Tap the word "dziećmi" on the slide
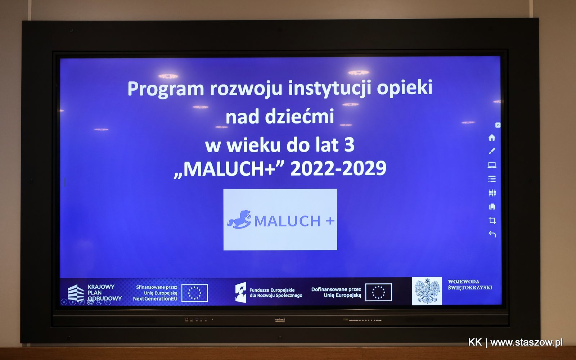(x=300, y=116)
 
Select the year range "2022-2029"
(x=338, y=168)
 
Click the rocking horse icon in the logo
(x=239, y=220)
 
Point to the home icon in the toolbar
(x=492, y=138)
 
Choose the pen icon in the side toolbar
(x=492, y=151)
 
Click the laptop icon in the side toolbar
(x=492, y=165)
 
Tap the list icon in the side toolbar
(x=492, y=179)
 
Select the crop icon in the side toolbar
(x=492, y=220)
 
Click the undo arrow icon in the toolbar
(x=492, y=234)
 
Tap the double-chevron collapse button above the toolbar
(x=498, y=125)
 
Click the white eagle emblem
(x=427, y=291)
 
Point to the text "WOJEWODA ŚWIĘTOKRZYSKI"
(x=470, y=285)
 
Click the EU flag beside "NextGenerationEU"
(x=194, y=293)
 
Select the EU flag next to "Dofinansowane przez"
(x=378, y=292)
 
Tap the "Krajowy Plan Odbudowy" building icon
(x=76, y=293)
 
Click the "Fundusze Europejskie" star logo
(x=241, y=292)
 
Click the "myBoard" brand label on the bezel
(x=280, y=320)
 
